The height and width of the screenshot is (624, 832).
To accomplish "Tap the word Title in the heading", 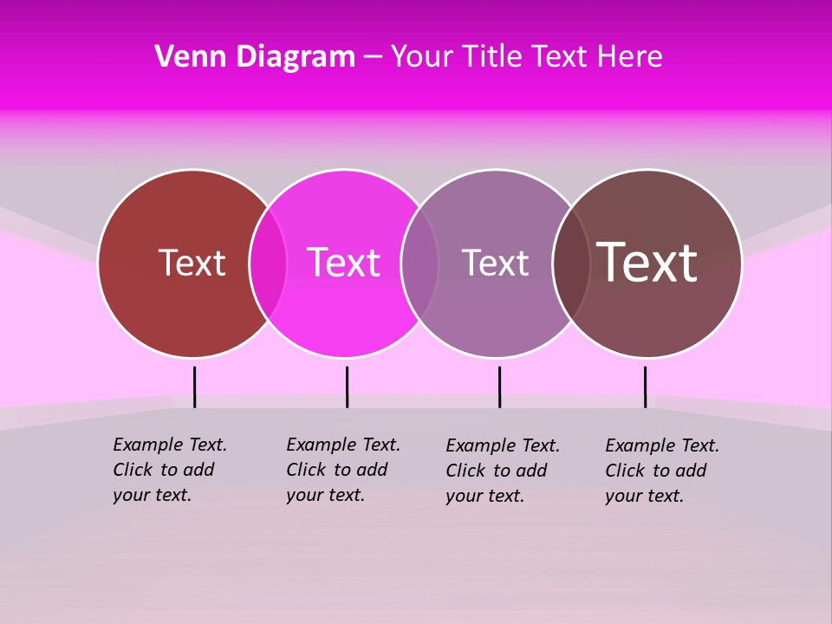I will (492, 56).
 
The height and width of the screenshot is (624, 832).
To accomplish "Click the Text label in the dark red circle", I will (192, 263).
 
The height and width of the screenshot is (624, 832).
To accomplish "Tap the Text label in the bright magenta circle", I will (343, 263).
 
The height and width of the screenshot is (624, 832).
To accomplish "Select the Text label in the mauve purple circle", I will (495, 263).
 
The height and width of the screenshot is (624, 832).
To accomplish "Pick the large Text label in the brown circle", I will (647, 262).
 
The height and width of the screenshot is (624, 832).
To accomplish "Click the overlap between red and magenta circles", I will (268, 263).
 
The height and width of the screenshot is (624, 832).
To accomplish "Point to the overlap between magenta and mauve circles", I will (419, 263).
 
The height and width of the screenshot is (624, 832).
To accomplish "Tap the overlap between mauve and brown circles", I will (571, 263).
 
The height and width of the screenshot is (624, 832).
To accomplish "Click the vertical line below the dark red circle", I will (195, 387).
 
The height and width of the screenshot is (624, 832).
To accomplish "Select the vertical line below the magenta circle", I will (347, 387).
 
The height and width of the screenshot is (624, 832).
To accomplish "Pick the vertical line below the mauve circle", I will (499, 387).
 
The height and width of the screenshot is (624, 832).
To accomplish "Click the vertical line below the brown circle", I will (645, 387).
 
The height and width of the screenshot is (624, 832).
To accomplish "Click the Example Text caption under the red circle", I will (169, 470).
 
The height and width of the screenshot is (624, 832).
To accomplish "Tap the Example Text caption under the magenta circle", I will (342, 470).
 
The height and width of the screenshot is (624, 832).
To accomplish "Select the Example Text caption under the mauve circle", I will (502, 471).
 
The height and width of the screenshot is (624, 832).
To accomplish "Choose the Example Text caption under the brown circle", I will (661, 471).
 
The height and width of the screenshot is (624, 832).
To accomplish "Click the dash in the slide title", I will (373, 57).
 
